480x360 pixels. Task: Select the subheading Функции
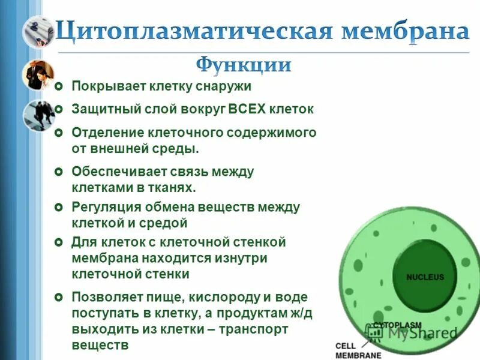click(x=244, y=64)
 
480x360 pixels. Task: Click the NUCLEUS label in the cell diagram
click(x=425, y=277)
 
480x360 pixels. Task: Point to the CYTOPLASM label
click(x=397, y=325)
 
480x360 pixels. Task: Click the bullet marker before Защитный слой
click(x=58, y=109)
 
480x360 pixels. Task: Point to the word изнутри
click(x=240, y=259)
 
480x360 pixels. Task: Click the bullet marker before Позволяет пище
click(x=58, y=298)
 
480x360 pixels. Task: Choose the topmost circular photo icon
click(x=38, y=31)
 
